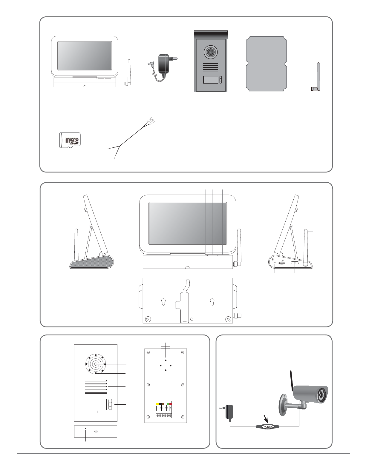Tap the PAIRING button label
click(268, 427)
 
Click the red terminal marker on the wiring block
click(171, 404)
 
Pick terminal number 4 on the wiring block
click(165, 408)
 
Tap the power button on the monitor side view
click(295, 263)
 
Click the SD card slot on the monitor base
click(281, 263)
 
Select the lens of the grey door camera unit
click(211, 52)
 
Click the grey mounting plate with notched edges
click(266, 64)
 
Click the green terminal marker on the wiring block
click(168, 404)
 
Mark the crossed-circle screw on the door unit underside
click(96, 432)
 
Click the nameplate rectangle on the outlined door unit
click(96, 405)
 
